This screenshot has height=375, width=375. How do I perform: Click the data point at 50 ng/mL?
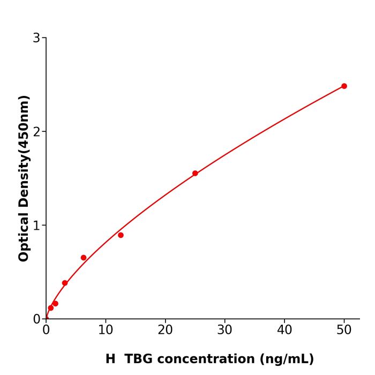pyautogui.click(x=344, y=86)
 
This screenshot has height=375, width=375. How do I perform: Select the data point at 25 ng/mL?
pyautogui.click(x=195, y=174)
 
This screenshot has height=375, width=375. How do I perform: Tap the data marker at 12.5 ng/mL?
pyautogui.click(x=121, y=235)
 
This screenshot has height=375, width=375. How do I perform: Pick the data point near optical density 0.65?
pyautogui.click(x=84, y=258)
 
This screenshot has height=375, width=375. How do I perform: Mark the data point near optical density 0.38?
pyautogui.click(x=65, y=283)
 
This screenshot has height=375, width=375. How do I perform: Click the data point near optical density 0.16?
pyautogui.click(x=55, y=304)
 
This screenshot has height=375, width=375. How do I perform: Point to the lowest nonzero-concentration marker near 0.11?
pyautogui.click(x=51, y=308)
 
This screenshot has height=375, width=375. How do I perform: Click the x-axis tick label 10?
pyautogui.click(x=106, y=331)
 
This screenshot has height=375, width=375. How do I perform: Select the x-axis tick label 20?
pyautogui.click(x=165, y=331)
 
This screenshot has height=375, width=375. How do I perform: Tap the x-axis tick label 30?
pyautogui.click(x=224, y=331)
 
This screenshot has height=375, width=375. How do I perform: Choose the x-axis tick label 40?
pyautogui.click(x=284, y=331)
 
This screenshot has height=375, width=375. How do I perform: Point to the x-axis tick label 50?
pyautogui.click(x=344, y=331)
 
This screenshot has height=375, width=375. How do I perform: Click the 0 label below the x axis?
pyautogui.click(x=46, y=331)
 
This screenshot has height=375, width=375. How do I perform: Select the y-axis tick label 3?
pyautogui.click(x=36, y=38)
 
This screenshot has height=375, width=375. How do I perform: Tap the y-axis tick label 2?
pyautogui.click(x=36, y=132)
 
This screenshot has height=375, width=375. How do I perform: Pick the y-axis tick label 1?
pyautogui.click(x=36, y=226)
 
